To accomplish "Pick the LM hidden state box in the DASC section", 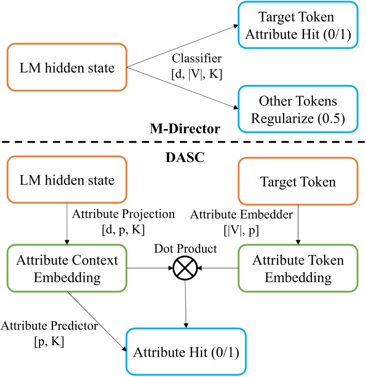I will (67, 181).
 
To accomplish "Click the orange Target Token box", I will (297, 181).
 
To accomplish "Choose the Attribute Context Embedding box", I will (67, 269).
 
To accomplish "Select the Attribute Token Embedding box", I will (297, 269).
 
